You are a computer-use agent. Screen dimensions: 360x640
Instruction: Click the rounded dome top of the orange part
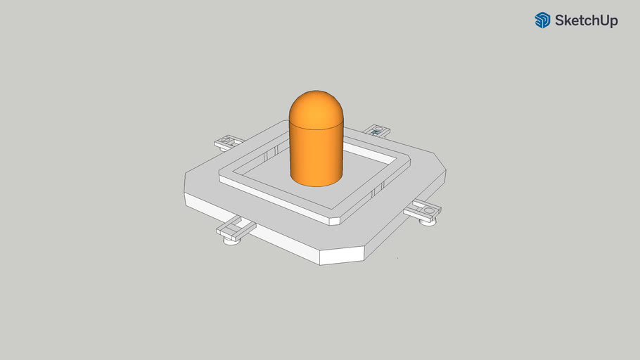click(316, 108)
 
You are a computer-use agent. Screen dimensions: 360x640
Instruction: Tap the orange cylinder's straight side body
click(316, 155)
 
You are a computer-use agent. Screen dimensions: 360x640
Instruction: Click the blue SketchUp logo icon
click(542, 20)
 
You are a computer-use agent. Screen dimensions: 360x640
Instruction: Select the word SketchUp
click(586, 21)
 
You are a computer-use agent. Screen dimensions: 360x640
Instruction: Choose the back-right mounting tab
click(378, 130)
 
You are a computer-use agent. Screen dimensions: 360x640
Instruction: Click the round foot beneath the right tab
click(428, 222)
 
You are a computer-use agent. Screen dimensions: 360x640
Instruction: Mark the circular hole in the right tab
click(427, 209)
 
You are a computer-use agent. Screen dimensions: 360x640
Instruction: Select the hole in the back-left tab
click(225, 142)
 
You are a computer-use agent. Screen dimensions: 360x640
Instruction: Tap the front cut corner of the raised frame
click(335, 221)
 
